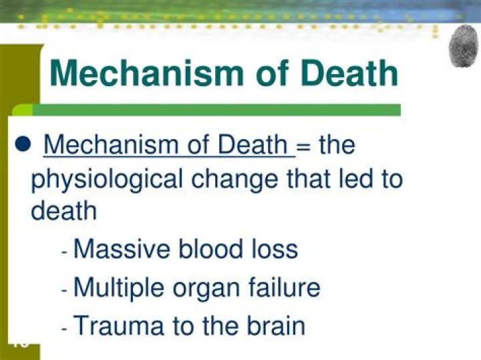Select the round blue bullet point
(x=23, y=144)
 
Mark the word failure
(x=283, y=288)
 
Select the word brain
(x=274, y=326)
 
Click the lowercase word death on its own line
(x=63, y=211)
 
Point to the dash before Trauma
(x=64, y=329)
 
